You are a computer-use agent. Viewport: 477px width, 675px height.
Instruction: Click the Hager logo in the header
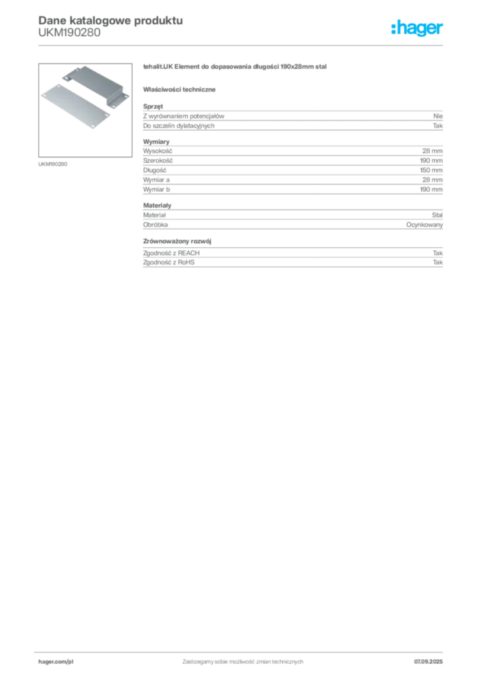[416, 28]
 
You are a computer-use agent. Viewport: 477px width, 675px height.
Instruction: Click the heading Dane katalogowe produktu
[111, 20]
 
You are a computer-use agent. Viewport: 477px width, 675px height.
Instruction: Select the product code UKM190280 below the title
[69, 32]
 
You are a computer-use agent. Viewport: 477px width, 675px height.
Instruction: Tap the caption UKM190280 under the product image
[53, 164]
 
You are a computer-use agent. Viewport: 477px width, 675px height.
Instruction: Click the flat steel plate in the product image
[75, 106]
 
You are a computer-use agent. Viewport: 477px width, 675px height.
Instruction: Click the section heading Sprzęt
[153, 106]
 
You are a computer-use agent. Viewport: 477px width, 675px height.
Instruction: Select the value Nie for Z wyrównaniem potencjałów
[438, 116]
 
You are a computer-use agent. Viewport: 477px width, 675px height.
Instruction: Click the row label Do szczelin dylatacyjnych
[179, 126]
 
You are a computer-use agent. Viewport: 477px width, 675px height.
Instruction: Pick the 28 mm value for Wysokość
[432, 151]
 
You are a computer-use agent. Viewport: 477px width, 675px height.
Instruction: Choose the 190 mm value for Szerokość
[432, 160]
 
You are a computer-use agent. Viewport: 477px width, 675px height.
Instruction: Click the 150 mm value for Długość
[432, 170]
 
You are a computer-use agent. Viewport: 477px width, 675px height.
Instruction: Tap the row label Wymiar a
[156, 179]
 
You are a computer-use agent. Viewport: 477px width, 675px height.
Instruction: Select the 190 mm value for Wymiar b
[432, 189]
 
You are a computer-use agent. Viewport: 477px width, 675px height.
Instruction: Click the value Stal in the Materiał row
[437, 215]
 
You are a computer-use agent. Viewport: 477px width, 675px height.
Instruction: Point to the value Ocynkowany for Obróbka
[424, 225]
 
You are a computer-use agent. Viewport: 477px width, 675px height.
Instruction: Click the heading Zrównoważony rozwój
[177, 241]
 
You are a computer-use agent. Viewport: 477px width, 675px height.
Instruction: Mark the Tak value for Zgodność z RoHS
[438, 262]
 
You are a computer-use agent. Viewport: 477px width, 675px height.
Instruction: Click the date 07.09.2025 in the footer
[428, 662]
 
